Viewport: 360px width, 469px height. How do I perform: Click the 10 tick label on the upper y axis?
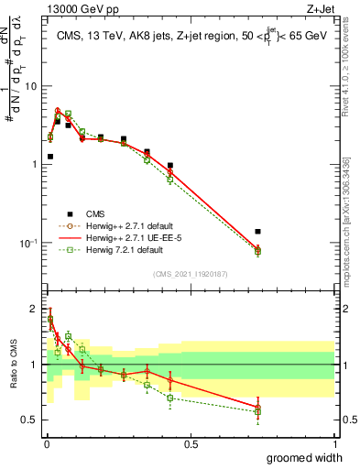30,86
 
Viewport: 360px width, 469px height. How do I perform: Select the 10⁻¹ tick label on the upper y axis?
28,243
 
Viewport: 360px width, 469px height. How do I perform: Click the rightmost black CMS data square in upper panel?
257,232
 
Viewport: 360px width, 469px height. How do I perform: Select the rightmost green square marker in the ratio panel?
257,411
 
